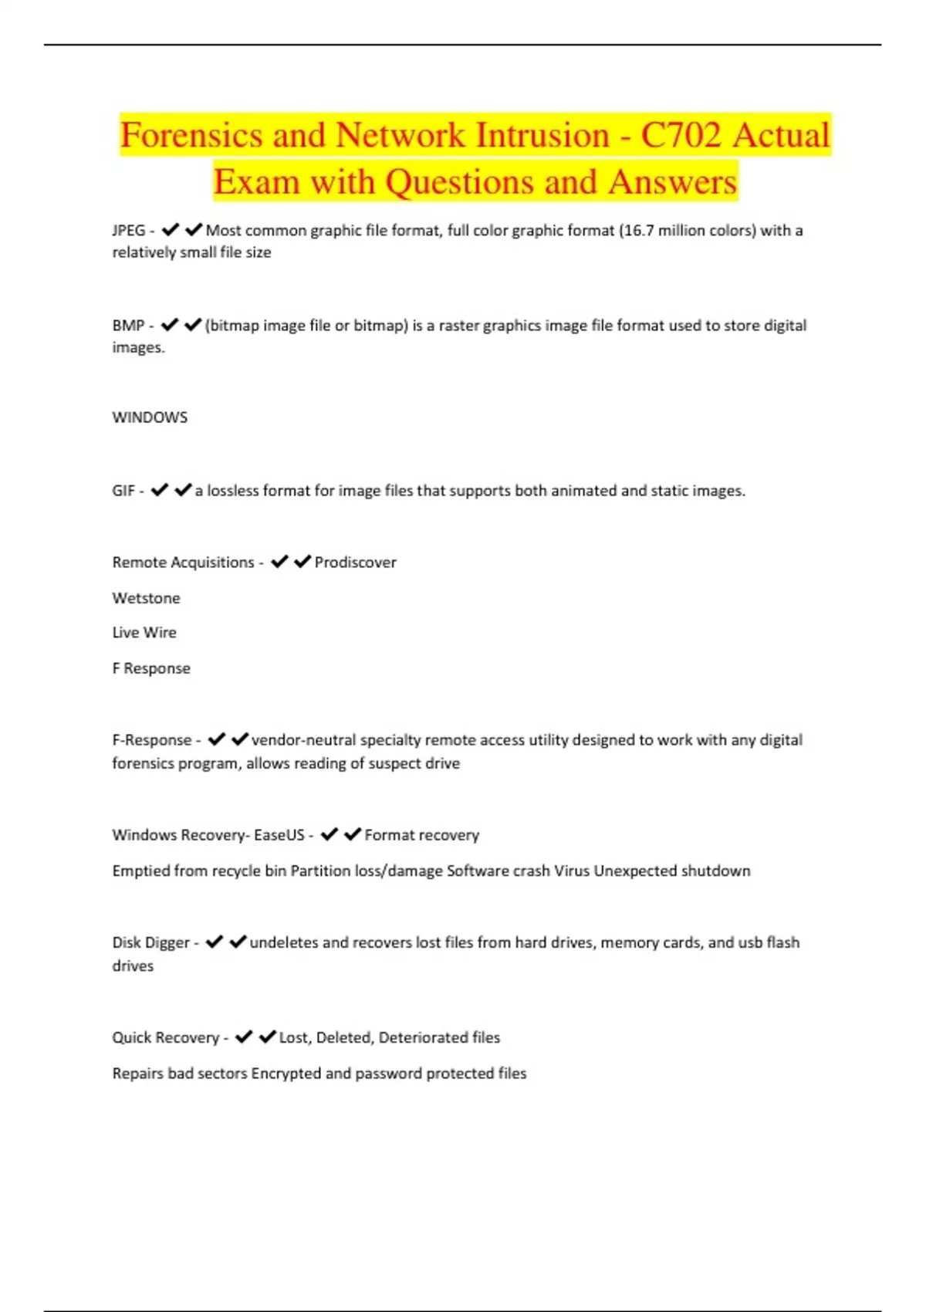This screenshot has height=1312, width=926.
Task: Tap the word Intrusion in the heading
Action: tap(541, 135)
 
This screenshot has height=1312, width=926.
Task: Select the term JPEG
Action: tap(128, 230)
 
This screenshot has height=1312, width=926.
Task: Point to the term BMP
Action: tap(128, 326)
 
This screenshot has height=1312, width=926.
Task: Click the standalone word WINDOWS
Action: tap(150, 418)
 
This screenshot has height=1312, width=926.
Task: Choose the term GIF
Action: tap(123, 491)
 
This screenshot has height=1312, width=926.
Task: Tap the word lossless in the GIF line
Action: tap(233, 491)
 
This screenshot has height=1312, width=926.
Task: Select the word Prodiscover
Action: tap(355, 563)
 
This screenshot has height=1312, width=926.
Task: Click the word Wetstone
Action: tap(146, 598)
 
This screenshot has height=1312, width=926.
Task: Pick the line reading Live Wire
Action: tap(144, 633)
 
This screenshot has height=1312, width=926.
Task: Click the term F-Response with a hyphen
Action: tap(152, 740)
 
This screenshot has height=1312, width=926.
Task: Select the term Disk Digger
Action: tap(150, 942)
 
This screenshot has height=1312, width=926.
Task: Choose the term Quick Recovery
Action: tap(165, 1038)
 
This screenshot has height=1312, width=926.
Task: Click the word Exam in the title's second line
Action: tap(256, 182)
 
